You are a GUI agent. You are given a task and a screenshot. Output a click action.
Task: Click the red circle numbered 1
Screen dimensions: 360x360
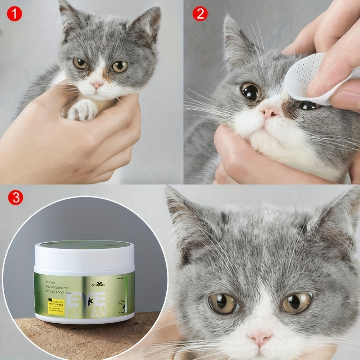15,14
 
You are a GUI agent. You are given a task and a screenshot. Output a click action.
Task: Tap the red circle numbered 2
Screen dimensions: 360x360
200,14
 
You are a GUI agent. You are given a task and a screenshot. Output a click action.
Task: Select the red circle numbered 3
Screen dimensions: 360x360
15,198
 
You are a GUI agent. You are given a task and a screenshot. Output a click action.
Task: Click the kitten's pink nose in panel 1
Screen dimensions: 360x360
97,85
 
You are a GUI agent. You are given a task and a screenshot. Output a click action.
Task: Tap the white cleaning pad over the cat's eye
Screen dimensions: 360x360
306,77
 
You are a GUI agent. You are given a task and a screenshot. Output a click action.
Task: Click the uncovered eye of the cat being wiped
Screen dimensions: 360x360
251,91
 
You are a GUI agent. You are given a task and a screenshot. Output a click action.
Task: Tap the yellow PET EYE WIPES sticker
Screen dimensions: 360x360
56,306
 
